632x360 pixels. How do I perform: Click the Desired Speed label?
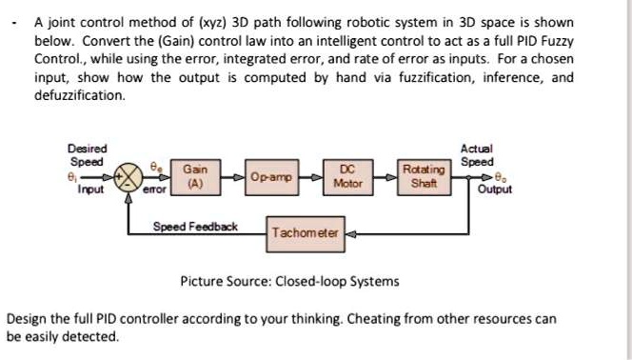pos(88,154)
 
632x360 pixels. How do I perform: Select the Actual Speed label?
pos(477,155)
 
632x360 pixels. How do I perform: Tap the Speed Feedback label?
pos(195,227)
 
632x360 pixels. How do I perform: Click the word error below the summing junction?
pos(154,190)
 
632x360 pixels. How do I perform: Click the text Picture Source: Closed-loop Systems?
pos(289,281)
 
